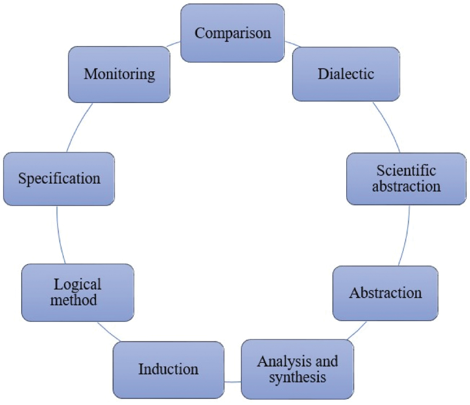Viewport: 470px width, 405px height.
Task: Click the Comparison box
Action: (x=233, y=33)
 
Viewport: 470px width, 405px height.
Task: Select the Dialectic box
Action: (x=346, y=74)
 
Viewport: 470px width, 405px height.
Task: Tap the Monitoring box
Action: (x=119, y=74)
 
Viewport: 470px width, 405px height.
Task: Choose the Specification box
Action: (x=59, y=179)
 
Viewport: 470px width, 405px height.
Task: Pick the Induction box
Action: (x=168, y=369)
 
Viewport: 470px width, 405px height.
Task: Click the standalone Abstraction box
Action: (x=385, y=293)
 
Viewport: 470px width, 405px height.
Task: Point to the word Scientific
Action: (x=406, y=171)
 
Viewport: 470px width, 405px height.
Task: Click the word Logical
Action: (x=78, y=284)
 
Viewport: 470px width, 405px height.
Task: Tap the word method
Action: (x=78, y=300)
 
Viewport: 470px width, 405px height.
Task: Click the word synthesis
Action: (x=297, y=377)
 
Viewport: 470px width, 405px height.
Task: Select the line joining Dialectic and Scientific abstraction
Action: (x=387, y=127)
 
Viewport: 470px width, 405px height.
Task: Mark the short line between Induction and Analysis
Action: (x=232, y=382)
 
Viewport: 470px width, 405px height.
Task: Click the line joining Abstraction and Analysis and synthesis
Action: (x=357, y=331)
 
